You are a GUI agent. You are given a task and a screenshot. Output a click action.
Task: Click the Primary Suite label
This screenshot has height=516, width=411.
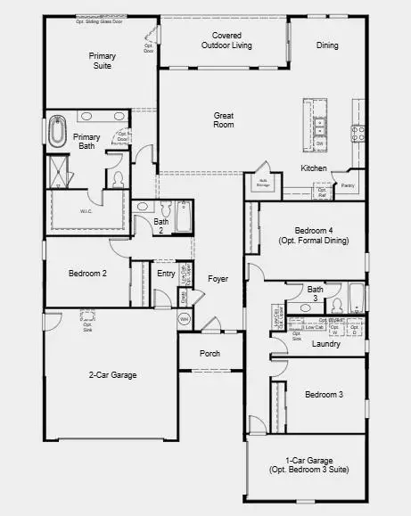[102, 61]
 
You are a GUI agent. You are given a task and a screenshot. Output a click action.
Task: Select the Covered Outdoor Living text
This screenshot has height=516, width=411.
[226, 39]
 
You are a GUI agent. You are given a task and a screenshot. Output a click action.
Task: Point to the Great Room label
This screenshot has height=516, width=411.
[223, 119]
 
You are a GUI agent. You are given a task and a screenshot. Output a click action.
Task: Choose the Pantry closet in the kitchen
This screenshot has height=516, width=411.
[349, 186]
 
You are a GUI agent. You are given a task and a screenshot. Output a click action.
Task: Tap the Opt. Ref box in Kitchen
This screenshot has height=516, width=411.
[322, 191]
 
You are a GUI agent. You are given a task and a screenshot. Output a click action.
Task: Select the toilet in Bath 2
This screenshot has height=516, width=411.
[143, 209]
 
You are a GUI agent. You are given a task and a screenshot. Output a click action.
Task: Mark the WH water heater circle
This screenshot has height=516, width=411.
[185, 318]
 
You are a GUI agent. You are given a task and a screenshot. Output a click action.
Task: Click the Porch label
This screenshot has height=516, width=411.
[210, 354]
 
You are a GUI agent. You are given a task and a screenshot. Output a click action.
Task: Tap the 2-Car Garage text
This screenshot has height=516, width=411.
[112, 375]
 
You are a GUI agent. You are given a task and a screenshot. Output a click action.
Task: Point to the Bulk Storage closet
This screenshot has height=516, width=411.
[263, 181]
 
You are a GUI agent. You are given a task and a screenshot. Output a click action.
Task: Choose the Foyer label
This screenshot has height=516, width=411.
[218, 279]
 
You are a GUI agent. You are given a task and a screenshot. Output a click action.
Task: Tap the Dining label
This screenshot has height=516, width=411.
[327, 45]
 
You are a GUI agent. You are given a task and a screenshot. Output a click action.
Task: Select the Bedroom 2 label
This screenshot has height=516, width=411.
[87, 274]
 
